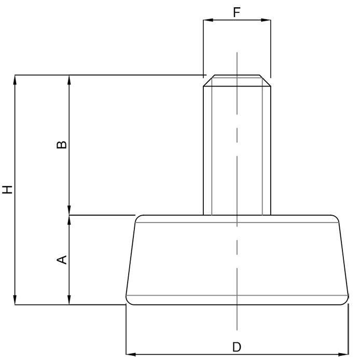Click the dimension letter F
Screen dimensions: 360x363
[237, 12]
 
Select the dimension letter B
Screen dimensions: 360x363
[62, 145]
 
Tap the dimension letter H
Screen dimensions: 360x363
[7, 190]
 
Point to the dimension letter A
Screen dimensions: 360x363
[62, 260]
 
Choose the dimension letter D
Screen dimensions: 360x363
[237, 347]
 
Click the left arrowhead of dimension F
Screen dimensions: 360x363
[208, 20]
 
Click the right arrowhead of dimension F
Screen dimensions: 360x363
[266, 20]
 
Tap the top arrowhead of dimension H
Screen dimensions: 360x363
[15, 80]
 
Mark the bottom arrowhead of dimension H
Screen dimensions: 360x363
[15, 300]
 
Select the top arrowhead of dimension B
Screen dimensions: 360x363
[69, 80]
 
